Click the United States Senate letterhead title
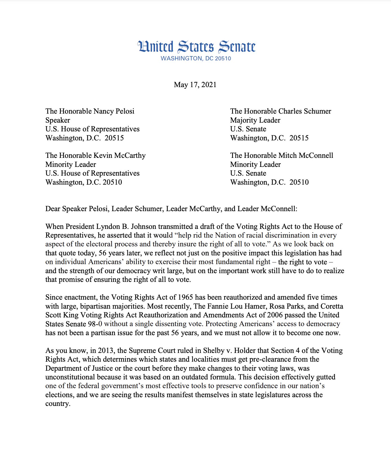click(x=196, y=47)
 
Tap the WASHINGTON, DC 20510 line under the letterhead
click(x=196, y=58)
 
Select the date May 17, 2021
click(x=195, y=85)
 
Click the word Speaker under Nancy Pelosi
click(x=58, y=120)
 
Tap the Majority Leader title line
click(x=255, y=120)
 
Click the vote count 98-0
click(x=95, y=324)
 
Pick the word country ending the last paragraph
click(x=57, y=404)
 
